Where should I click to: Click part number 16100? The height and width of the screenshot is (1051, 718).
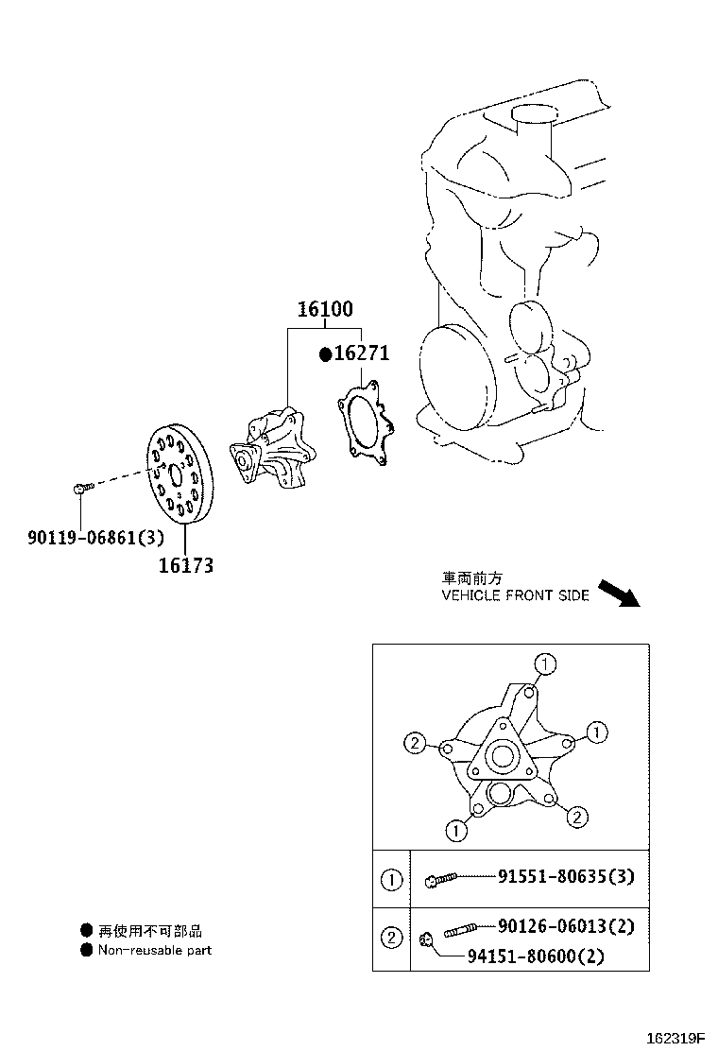coord(326,309)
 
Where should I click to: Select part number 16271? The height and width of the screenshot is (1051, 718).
coord(362,353)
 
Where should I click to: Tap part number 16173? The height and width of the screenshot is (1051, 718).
coord(186,565)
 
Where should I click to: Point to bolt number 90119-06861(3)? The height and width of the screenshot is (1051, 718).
coord(95,537)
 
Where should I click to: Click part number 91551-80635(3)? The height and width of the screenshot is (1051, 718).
coord(566,876)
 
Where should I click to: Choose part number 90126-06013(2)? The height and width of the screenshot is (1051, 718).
coord(566,925)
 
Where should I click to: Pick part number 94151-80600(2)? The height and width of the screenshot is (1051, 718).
coord(536,956)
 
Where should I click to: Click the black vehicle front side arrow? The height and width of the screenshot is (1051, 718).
coord(619,594)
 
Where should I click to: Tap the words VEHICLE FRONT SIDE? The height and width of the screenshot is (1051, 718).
coord(515,595)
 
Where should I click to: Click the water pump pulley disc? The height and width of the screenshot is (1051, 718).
coord(179,474)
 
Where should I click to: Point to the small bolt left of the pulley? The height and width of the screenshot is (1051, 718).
coord(79,489)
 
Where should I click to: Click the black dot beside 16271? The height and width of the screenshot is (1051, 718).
coord(326,353)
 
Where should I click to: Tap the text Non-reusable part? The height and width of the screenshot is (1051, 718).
coord(155,950)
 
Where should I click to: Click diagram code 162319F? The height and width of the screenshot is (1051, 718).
coord(675,1039)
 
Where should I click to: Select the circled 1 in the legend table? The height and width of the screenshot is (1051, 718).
coord(391,879)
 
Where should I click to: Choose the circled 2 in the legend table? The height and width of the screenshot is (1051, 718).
coord(391,937)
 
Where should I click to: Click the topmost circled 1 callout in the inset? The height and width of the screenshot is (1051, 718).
coord(545,664)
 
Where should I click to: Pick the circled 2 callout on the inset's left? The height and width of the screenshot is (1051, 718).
coord(416,743)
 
